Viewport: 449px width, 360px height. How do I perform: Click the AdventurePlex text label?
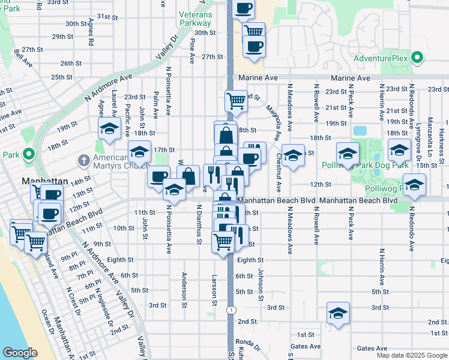point(381,58)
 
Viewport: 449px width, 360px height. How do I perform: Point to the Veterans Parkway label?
point(195,18)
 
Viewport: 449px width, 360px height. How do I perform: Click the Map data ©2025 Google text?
point(412,355)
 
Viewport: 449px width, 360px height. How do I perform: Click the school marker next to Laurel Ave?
point(110,128)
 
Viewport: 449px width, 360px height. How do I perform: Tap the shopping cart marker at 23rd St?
point(236,100)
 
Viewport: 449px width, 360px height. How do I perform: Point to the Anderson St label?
point(184,290)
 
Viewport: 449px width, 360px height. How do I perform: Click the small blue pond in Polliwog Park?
point(360,130)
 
